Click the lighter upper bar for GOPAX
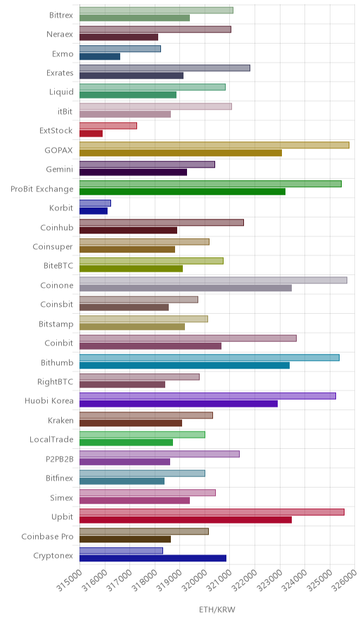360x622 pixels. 214,145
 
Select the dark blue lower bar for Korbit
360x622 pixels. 94,211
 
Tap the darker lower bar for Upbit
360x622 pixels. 186,520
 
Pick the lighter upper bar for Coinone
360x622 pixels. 213,280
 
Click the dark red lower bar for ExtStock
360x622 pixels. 91,134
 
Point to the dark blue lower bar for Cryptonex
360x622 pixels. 153,558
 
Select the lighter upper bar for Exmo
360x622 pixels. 120,49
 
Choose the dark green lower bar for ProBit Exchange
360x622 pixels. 182,191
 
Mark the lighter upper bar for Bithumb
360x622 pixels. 210,357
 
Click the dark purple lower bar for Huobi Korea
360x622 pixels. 179,404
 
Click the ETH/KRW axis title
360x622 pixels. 217,610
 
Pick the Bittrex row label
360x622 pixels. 61,15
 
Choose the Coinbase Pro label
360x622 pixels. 48,536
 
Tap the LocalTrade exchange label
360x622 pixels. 51,440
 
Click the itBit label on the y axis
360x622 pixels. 65,111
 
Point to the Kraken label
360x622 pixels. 60,420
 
